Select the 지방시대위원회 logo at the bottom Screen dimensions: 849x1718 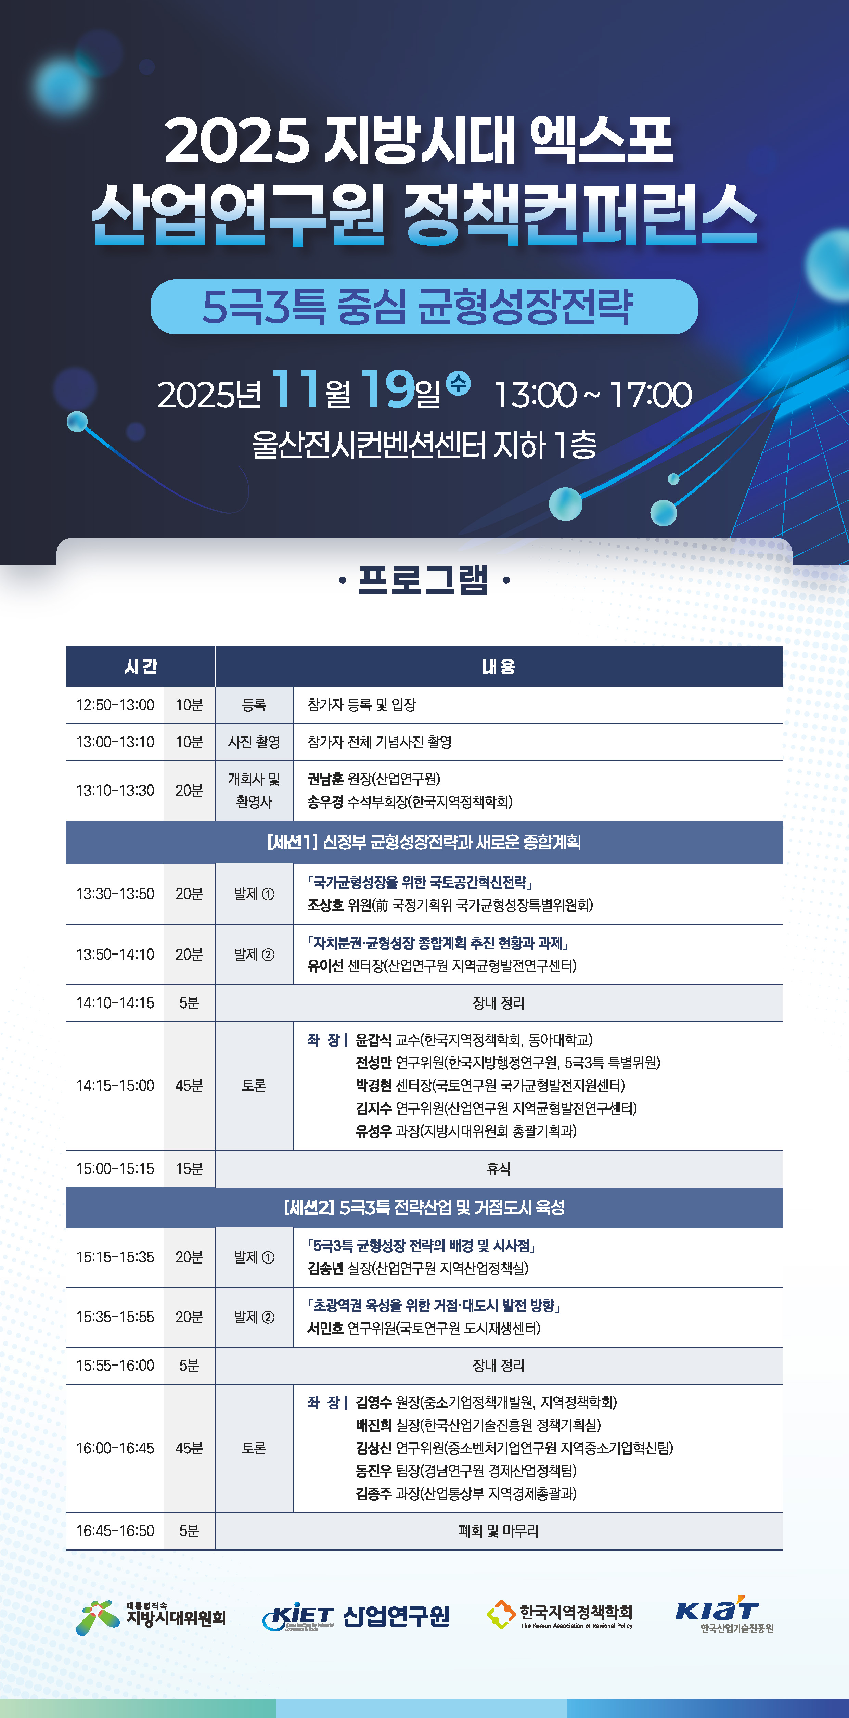pyautogui.click(x=151, y=1617)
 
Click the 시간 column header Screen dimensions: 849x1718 pyautogui.click(x=141, y=666)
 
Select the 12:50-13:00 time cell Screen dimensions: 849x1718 pyautogui.click(x=115, y=705)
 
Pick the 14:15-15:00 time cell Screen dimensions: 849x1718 pyautogui.click(x=115, y=1086)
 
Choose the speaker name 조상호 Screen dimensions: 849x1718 pyautogui.click(x=325, y=905)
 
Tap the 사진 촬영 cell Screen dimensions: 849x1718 pyautogui.click(x=254, y=742)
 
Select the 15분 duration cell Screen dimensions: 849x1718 pyautogui.click(x=189, y=1168)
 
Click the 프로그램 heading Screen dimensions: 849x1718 pyautogui.click(x=424, y=579)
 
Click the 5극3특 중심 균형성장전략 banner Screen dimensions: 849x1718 pyautogui.click(x=424, y=307)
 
